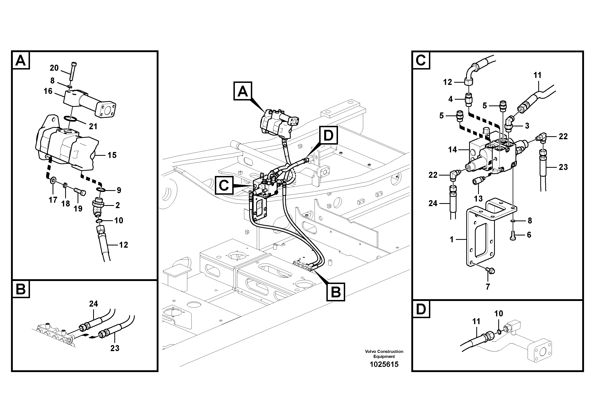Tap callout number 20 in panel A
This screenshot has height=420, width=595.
click(54, 68)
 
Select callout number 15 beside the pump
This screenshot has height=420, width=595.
click(112, 155)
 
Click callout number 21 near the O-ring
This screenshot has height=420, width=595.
click(93, 126)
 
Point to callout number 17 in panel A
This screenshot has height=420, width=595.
click(53, 200)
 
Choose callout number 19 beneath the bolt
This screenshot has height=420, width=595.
click(78, 209)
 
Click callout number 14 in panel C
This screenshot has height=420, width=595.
click(452, 150)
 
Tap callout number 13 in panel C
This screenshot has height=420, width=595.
click(478, 198)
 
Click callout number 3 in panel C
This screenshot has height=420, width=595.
click(527, 126)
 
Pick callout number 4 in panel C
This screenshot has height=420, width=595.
click(450, 99)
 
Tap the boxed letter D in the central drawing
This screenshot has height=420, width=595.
click(328, 135)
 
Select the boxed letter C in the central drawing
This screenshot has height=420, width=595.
click(224, 185)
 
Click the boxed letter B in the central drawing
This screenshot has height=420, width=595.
click(336, 292)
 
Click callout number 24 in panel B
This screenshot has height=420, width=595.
click(93, 304)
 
